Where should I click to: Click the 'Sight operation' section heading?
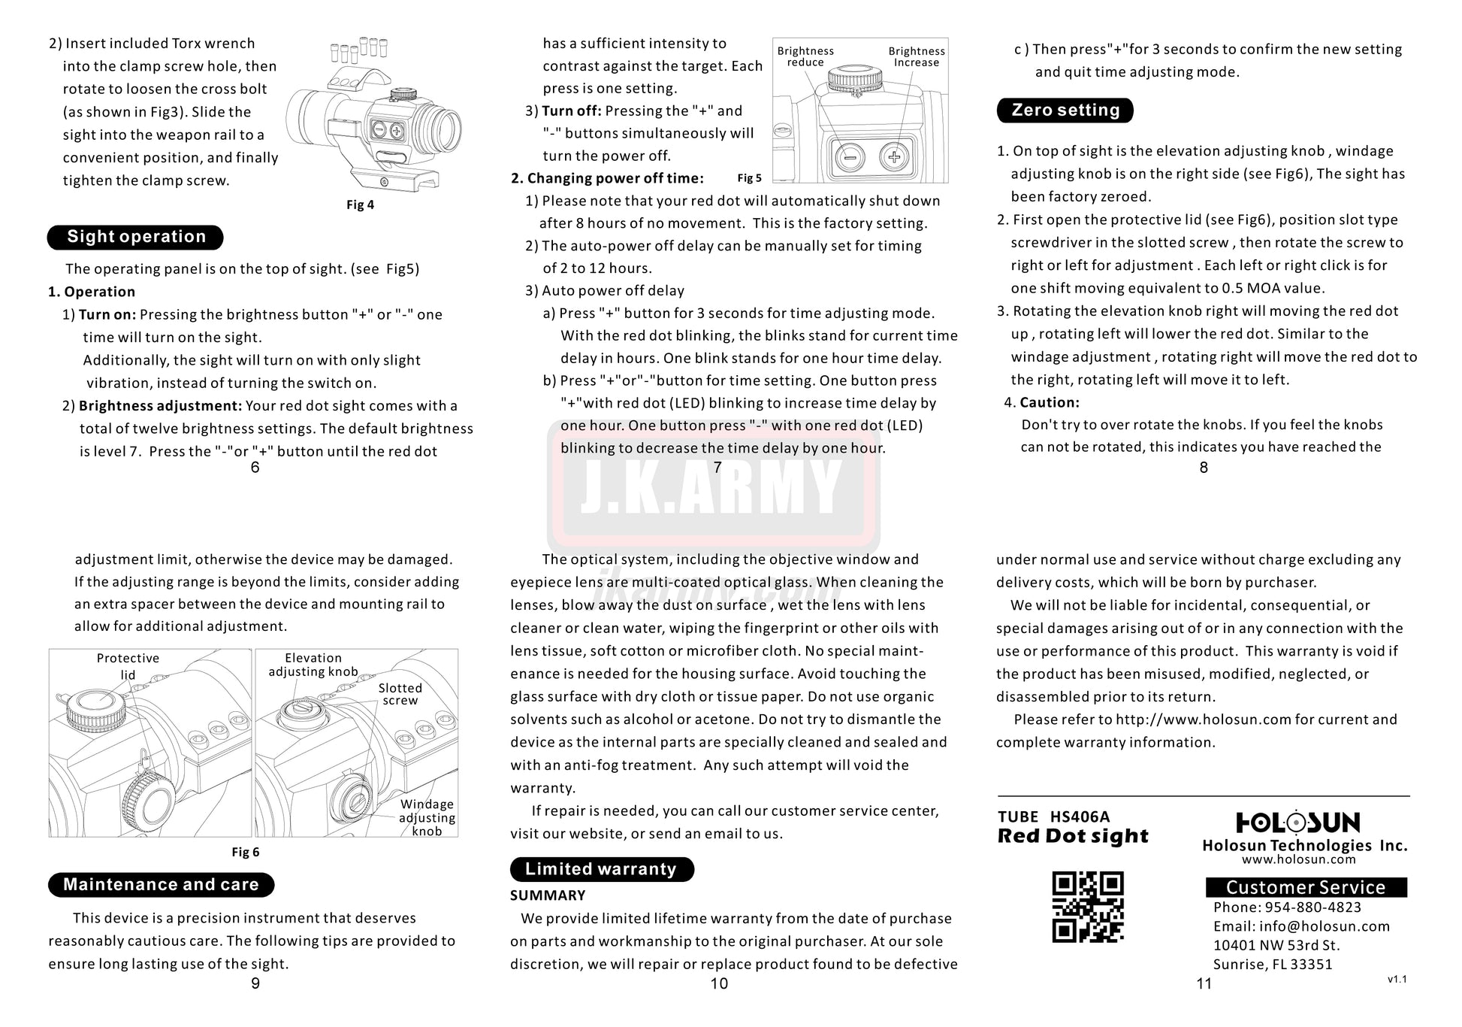[x=135, y=237]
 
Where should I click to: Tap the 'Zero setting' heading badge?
[x=1065, y=111]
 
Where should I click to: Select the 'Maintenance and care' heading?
[x=161, y=885]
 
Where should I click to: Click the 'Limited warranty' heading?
[x=601, y=870]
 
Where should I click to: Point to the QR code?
[x=1088, y=907]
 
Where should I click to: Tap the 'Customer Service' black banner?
[x=1306, y=887]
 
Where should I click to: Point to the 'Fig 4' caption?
[x=360, y=205]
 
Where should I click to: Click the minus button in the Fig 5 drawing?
[x=850, y=157]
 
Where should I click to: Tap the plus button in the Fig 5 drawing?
[x=894, y=157]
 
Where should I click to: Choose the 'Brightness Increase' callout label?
[x=917, y=56]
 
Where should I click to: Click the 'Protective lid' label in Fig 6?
[x=128, y=666]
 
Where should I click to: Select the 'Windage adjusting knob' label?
[x=427, y=817]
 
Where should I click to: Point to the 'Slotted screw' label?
[x=400, y=694]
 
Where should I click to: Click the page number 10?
[x=719, y=983]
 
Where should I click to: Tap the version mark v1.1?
[x=1397, y=980]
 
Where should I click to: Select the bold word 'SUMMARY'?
[x=548, y=895]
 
